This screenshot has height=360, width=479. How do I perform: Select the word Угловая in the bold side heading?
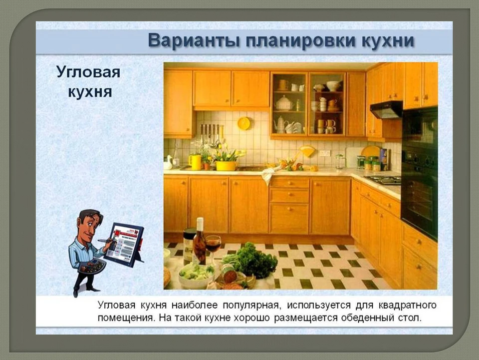coord(88,73)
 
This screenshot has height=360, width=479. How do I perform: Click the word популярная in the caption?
coord(251,305)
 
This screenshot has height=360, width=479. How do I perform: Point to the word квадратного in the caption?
coord(408,305)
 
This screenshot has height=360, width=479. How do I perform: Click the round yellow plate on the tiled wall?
coord(244,123)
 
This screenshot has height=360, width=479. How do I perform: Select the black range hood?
coord(386,110)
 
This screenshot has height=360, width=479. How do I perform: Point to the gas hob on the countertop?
coord(383,180)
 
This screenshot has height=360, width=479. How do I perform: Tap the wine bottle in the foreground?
coord(200,242)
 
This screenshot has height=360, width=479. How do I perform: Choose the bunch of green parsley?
coord(250,260)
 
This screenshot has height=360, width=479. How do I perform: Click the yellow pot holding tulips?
coord(226,166)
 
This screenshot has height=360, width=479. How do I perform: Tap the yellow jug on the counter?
coord(195,162)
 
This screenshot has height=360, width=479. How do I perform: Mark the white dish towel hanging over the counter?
coord(269,174)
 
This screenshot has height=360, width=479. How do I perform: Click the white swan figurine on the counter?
coord(168,162)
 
